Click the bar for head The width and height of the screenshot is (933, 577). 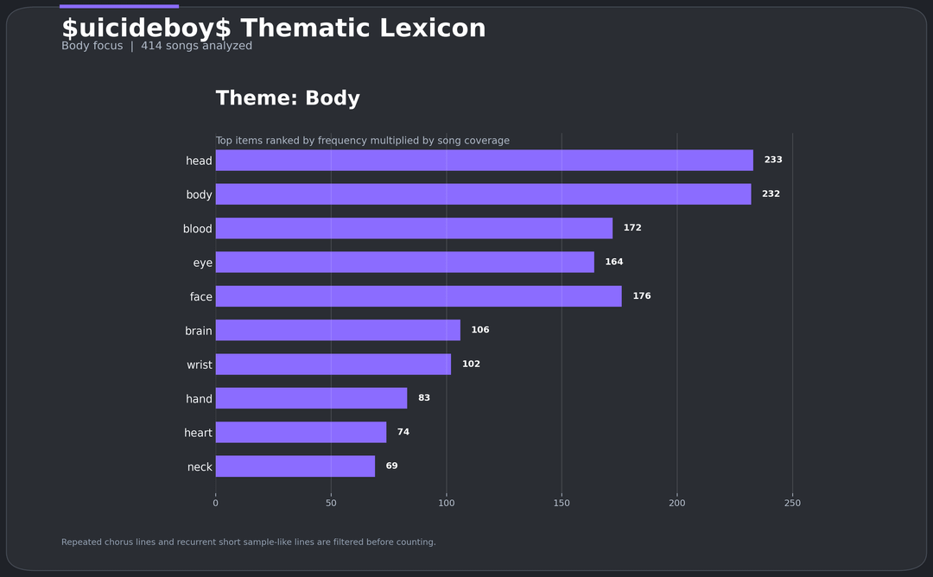(484, 161)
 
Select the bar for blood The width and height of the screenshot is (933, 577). (414, 228)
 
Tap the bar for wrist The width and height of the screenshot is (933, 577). (333, 365)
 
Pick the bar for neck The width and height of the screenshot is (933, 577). (295, 466)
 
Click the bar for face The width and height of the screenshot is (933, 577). (418, 296)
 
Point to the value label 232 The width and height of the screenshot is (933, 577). (771, 194)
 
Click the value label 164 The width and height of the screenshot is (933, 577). (613, 262)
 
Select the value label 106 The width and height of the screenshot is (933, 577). (479, 330)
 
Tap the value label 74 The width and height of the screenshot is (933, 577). (403, 432)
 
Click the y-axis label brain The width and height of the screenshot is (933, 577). (198, 331)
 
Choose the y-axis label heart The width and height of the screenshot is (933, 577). (198, 433)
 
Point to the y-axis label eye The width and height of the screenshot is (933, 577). (202, 263)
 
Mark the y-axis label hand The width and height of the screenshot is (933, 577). (199, 399)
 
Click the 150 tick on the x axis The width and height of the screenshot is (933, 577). (562, 504)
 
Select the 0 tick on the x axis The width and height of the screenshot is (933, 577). (216, 504)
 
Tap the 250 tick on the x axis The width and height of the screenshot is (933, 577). (792, 504)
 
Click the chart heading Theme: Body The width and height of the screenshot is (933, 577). (288, 98)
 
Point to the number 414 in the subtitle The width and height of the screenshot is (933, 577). (151, 46)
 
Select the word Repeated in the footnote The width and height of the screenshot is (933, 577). (81, 542)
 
